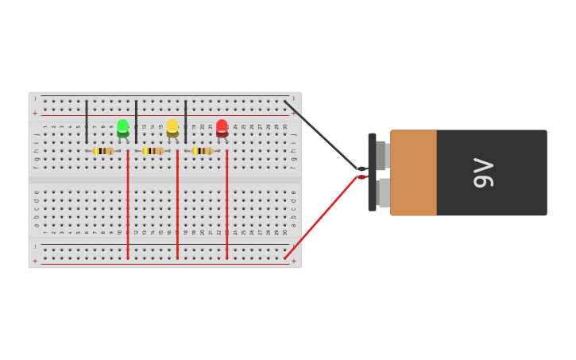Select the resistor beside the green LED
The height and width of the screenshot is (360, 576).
coord(103,151)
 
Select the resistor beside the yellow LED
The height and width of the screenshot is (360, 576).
coord(153,151)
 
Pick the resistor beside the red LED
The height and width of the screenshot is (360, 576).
coord(203,151)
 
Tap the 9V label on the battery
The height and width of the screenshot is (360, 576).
coord(483,172)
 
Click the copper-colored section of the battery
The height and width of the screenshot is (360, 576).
coord(413,172)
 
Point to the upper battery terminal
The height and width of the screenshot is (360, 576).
coord(381,155)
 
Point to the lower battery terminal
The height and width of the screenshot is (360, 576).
coord(383,192)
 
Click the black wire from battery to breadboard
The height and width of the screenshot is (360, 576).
coord(322,135)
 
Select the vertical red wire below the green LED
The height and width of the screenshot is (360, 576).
coord(127,207)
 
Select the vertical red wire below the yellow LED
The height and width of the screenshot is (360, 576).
coord(177,207)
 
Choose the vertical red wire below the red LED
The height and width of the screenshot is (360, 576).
coord(226,207)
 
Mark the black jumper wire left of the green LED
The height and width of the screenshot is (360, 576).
coord(87,121)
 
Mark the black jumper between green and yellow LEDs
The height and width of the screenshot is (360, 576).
coord(136,121)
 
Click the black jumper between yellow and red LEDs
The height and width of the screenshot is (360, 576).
coord(185,121)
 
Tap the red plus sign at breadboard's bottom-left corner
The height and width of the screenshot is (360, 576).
coord(35,261)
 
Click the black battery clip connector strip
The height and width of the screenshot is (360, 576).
coord(372,172)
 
